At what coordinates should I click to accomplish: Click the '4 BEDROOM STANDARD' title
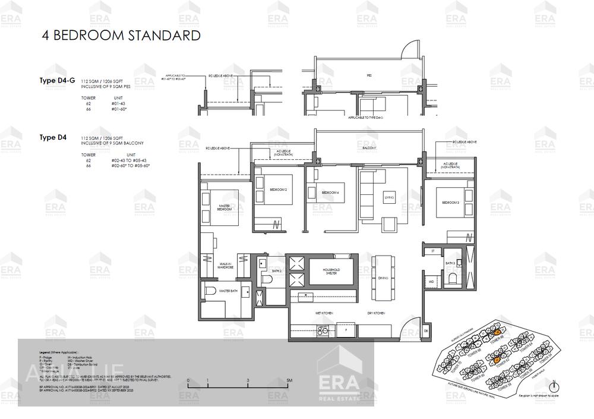click(121, 35)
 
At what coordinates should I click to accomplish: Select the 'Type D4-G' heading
click(57, 80)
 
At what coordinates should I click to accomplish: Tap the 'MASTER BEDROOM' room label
click(224, 207)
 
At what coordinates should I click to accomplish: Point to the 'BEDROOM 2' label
click(279, 190)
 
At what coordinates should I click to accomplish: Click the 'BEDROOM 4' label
click(330, 193)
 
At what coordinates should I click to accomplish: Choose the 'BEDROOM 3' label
click(450, 203)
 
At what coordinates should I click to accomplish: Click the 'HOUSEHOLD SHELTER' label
click(330, 271)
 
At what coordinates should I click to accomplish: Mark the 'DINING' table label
click(383, 277)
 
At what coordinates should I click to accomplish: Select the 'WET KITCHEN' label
click(324, 313)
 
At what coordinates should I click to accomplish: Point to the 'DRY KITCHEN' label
click(376, 313)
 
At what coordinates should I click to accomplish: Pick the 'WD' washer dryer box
click(431, 282)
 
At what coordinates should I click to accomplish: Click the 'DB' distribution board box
click(426, 330)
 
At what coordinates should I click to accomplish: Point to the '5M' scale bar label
click(289, 380)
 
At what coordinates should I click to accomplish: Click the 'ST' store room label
click(433, 251)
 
